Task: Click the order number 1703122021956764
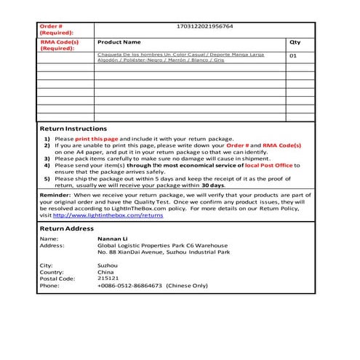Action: tap(205, 27)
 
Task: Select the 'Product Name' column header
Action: tap(119, 42)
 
